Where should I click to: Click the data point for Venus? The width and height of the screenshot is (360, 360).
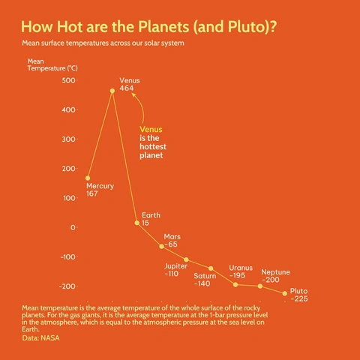(x=112, y=91)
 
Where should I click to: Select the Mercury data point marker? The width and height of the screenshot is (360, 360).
(x=88, y=178)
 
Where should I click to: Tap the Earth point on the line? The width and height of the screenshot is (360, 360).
(x=136, y=223)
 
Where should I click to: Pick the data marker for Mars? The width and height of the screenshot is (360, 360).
(x=161, y=246)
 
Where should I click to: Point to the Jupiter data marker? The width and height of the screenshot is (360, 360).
(x=186, y=259)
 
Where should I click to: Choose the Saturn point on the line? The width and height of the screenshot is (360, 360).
(x=211, y=268)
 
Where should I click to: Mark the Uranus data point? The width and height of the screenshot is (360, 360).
(x=235, y=284)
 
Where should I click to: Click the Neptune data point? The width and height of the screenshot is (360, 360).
(x=260, y=286)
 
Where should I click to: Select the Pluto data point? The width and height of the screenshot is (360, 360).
(x=285, y=293)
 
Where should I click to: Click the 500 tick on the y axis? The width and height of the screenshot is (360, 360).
(x=69, y=80)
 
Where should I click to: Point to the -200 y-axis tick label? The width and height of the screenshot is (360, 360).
(x=67, y=286)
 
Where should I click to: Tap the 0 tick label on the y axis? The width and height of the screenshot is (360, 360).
(x=73, y=227)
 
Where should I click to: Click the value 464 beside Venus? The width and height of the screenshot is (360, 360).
(x=127, y=88)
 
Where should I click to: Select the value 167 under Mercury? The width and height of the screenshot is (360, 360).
(x=92, y=194)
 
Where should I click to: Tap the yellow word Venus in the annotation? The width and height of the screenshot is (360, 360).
(x=151, y=129)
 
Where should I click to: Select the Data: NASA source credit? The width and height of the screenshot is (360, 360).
(x=41, y=338)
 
